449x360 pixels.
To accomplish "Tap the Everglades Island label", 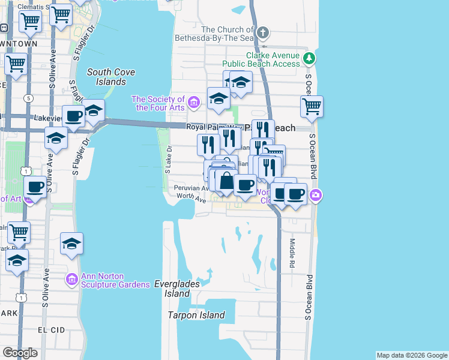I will [x=172, y=289].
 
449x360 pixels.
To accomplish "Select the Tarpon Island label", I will [x=196, y=315].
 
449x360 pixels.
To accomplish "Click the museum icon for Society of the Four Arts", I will [x=193, y=103].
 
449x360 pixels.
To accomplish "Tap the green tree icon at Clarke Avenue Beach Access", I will [x=309, y=58].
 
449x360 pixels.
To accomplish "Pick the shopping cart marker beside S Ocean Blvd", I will [x=312, y=107].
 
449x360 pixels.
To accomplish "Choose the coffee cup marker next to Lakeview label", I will [x=74, y=116].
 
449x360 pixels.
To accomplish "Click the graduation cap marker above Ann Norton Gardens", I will [x=71, y=243].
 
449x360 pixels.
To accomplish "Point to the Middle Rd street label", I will [x=292, y=252].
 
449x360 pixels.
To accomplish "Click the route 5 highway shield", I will [x=28, y=98].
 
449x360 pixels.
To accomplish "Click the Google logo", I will [x=20, y=353].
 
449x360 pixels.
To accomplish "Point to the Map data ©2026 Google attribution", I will [x=412, y=355].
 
